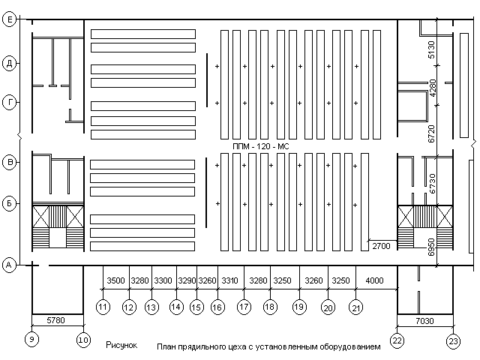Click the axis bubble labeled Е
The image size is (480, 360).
pyautogui.click(x=10, y=19)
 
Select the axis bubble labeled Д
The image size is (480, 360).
pyautogui.click(x=10, y=64)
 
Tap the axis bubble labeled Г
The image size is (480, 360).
pyautogui.click(x=10, y=102)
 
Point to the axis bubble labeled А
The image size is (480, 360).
pyautogui.click(x=9, y=265)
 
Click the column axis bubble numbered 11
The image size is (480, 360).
pyautogui.click(x=103, y=307)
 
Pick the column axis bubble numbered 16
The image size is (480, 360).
pyautogui.click(x=217, y=307)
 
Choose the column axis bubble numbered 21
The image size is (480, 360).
pyautogui.click(x=356, y=307)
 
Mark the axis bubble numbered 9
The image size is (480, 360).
pyautogui.click(x=31, y=339)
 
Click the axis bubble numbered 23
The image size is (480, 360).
pyautogui.click(x=453, y=341)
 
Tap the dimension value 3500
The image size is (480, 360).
pyautogui.click(x=115, y=280)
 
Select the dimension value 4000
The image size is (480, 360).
pyautogui.click(x=375, y=280)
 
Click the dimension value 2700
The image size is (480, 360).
pyautogui.click(x=381, y=246)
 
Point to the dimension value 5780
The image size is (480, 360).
pyautogui.click(x=55, y=320)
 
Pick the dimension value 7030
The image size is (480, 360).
pyautogui.click(x=424, y=321)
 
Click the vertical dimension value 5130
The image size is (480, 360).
pyautogui.click(x=431, y=50)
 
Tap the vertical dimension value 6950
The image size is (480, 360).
pyautogui.click(x=431, y=247)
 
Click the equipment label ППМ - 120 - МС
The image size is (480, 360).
pyautogui.click(x=261, y=147)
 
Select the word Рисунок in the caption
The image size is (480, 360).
pyautogui.click(x=121, y=345)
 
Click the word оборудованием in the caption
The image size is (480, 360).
pyautogui.click(x=350, y=346)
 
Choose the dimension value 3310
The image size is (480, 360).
pyautogui.click(x=230, y=280)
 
